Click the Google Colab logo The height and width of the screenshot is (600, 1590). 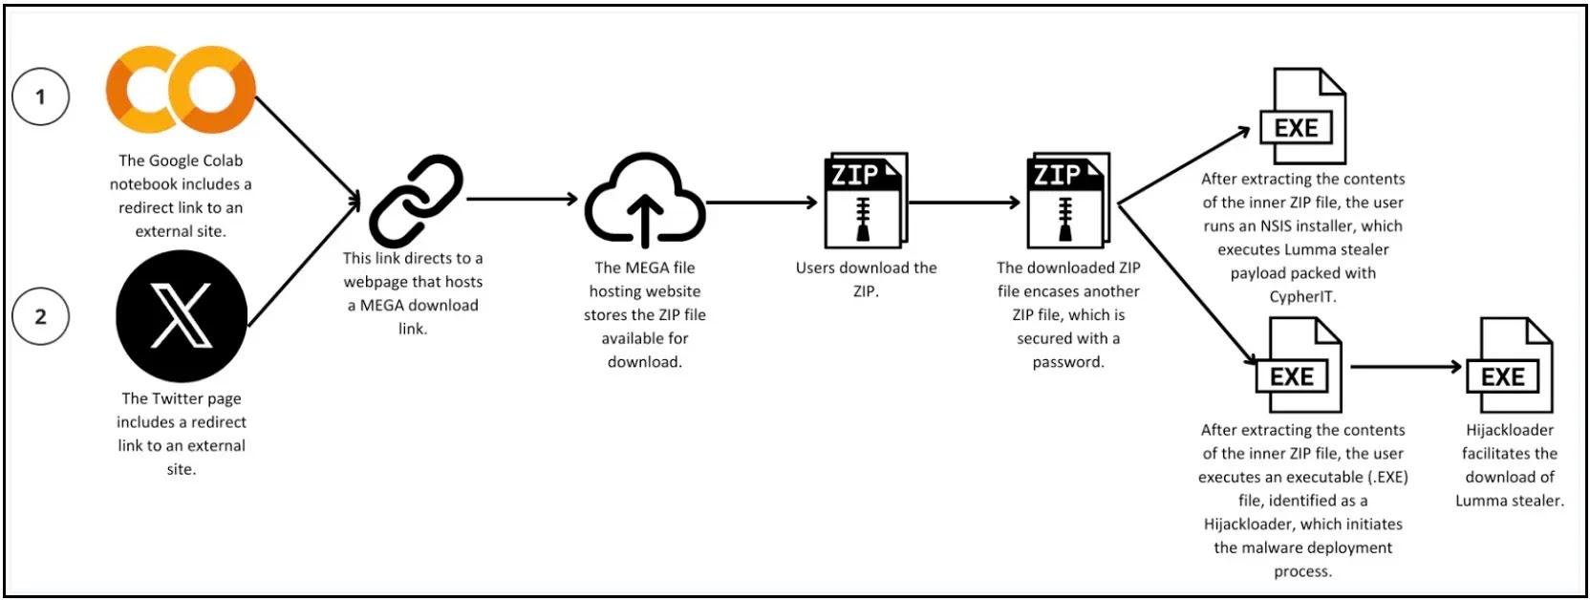coord(181,90)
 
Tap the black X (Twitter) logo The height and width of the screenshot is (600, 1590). coord(182,316)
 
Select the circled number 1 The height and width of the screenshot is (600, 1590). coord(40,96)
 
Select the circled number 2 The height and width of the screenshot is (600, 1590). coord(40,316)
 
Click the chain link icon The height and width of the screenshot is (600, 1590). coord(417,201)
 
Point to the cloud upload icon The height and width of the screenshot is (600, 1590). coord(645,201)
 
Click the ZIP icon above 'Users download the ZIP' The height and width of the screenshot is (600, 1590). coord(866,200)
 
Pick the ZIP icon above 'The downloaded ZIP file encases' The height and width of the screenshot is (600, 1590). coord(1068,200)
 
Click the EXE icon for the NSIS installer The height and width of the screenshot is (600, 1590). coord(1302,116)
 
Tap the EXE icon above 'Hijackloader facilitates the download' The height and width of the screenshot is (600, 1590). coord(1509,365)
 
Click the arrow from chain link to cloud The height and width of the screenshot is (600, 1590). coord(523,200)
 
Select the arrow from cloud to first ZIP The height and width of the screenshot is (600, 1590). coord(763,203)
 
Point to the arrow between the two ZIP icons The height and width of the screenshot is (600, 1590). coord(965,203)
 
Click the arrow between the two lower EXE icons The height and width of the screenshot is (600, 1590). coord(1407,367)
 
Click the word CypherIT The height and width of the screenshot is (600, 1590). coord(1302,297)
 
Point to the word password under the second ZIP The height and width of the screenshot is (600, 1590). coord(1068,362)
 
